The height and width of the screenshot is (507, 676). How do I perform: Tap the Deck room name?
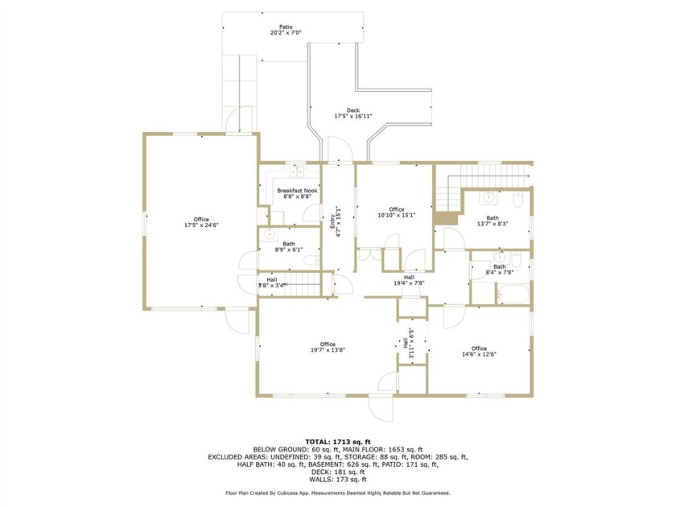(x=352, y=111)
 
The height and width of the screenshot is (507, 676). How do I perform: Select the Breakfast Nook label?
(x=296, y=191)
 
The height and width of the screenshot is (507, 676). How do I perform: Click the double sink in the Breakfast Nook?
(x=296, y=171)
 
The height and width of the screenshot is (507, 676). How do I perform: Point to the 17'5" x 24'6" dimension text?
(x=201, y=226)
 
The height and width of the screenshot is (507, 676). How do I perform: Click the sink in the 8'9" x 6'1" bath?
(x=271, y=235)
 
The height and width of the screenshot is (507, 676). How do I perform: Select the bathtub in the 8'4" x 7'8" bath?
(x=511, y=295)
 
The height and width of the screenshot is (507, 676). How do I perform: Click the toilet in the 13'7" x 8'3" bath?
(x=519, y=197)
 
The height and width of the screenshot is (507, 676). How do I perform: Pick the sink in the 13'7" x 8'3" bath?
(x=489, y=197)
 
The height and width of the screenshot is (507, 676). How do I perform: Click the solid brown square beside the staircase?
(x=445, y=218)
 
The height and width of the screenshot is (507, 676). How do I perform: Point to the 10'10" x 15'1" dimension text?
(x=397, y=215)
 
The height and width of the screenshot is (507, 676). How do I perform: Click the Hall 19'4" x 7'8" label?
(x=409, y=280)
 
